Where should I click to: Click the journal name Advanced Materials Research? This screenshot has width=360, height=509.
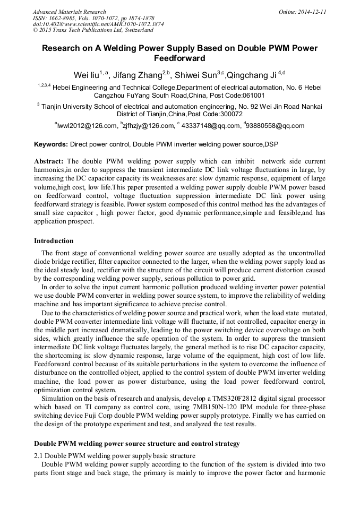click(69, 12)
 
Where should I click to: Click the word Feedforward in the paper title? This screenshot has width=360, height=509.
click(179, 58)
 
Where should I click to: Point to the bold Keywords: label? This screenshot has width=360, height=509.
click(51, 144)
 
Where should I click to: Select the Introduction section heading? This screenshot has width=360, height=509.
click(54, 241)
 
